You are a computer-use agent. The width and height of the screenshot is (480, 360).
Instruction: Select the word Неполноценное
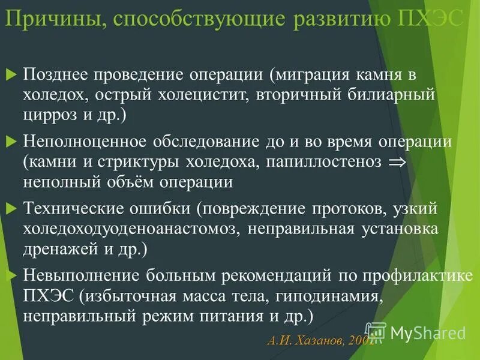click(x=86, y=142)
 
